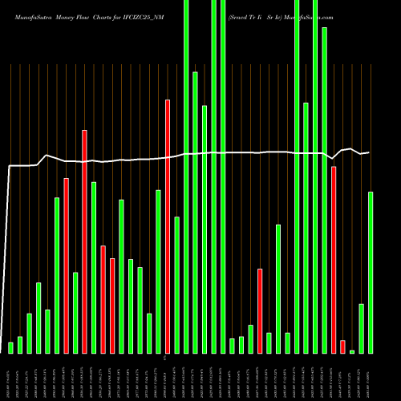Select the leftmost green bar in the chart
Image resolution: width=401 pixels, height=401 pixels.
click(10, 347)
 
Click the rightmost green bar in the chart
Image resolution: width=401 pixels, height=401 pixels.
click(371, 273)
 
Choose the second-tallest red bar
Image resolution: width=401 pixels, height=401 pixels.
click(84, 241)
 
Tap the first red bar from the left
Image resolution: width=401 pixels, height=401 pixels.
click(66, 265)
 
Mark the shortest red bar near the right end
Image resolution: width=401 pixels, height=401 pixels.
click(342, 346)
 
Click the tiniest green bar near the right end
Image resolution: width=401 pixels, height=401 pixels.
click(352, 351)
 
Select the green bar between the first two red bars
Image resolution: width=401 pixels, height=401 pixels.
click(75, 313)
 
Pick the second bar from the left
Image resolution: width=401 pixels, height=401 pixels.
click(20, 345)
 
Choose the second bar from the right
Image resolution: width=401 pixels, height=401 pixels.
click(362, 328)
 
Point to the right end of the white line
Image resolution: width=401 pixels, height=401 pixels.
click(369, 152)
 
